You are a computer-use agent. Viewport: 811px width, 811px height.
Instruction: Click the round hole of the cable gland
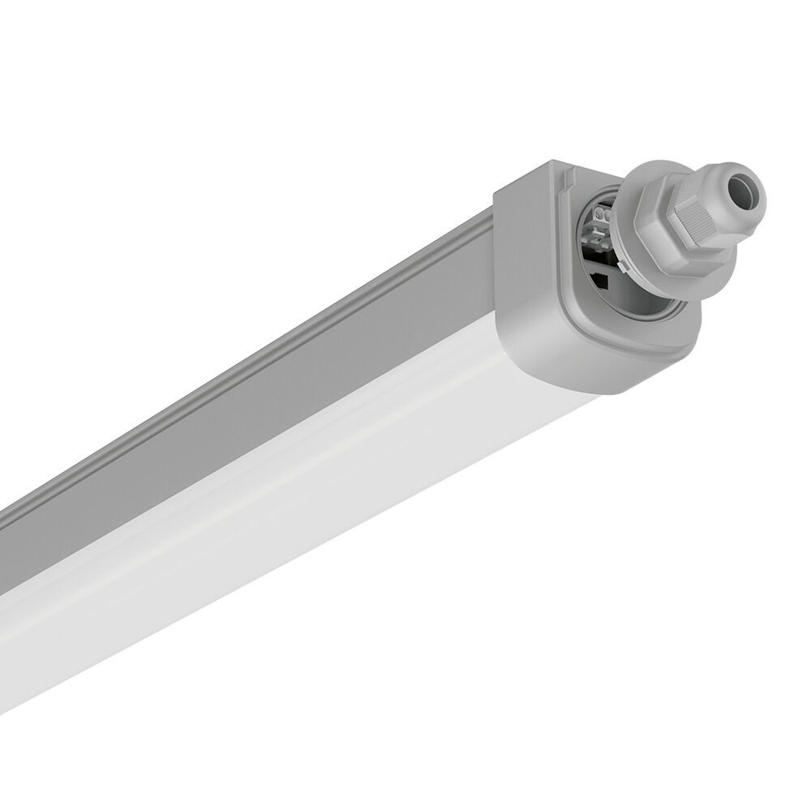click(744, 193)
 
